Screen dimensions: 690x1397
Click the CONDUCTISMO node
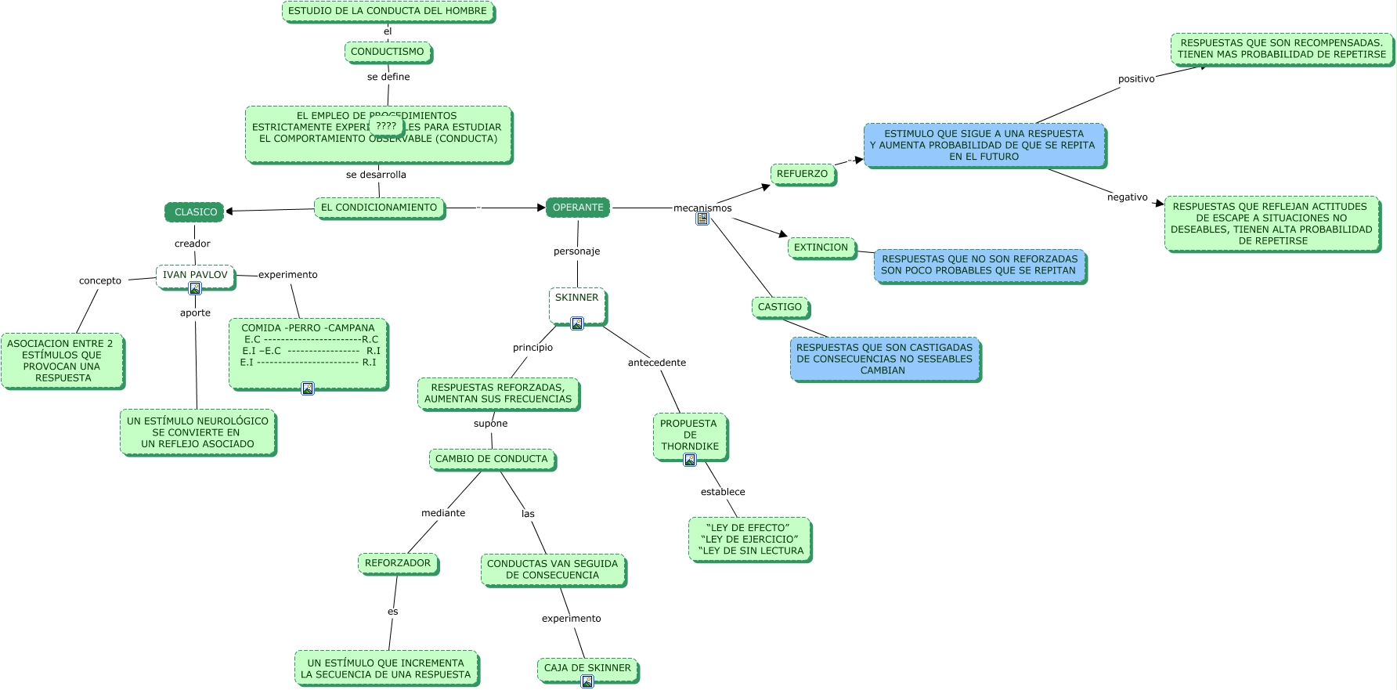tap(388, 52)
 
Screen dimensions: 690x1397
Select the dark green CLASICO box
tap(195, 212)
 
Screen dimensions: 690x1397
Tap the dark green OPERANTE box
tap(578, 208)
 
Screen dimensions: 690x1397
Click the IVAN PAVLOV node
tap(195, 275)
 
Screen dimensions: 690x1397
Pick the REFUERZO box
tap(802, 174)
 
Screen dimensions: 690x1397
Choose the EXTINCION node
tap(821, 247)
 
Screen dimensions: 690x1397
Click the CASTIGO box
tap(780, 307)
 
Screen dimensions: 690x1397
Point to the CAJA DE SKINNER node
tap(587, 668)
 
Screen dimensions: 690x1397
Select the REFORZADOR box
tap(398, 563)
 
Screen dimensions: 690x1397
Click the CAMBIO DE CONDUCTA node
tap(492, 459)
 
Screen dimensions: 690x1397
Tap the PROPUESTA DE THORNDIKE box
tap(689, 435)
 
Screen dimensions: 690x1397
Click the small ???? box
tap(386, 126)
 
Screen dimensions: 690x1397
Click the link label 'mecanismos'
tap(702, 208)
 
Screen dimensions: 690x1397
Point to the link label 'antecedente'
tap(657, 363)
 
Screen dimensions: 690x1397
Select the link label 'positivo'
tap(1136, 79)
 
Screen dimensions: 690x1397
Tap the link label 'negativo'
tap(1128, 197)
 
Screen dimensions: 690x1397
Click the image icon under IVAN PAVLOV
tap(195, 288)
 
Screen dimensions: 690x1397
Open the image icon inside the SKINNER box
tap(577, 323)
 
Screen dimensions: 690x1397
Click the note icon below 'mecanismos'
tap(702, 219)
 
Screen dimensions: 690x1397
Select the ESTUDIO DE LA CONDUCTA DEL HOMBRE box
tap(388, 11)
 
